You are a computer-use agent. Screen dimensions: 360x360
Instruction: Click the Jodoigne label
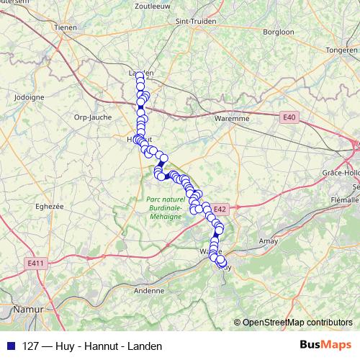click(30, 96)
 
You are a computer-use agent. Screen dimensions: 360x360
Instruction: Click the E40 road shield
click(289, 117)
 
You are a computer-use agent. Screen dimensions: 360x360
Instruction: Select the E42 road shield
click(220, 210)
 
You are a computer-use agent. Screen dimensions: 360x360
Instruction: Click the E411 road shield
click(35, 264)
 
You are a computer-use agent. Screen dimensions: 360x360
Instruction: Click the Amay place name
click(268, 241)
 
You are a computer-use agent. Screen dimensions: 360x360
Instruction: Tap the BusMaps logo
click(325, 345)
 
